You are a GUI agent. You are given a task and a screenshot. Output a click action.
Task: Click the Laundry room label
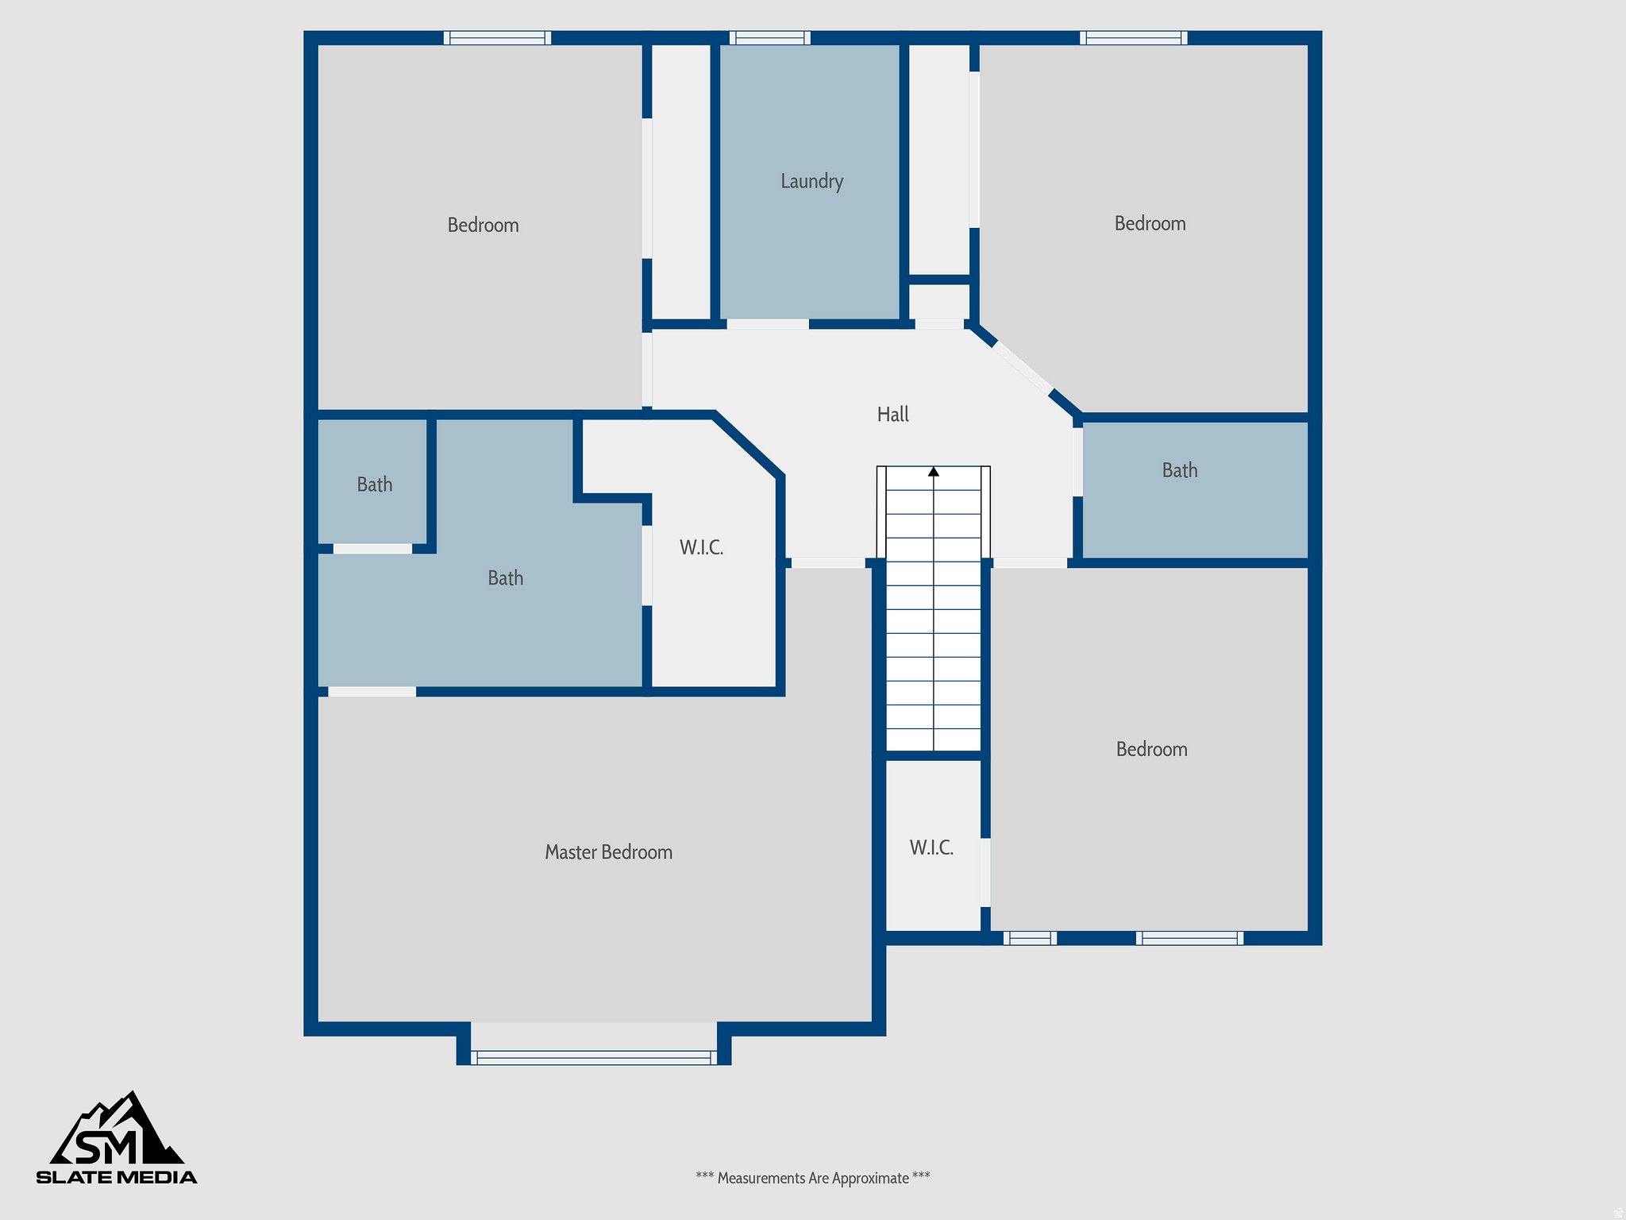pos(811,181)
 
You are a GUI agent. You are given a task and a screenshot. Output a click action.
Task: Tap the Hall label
pos(892,414)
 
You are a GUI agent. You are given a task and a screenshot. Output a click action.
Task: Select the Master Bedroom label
pos(608,852)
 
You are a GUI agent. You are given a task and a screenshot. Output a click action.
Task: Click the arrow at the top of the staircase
pos(934,472)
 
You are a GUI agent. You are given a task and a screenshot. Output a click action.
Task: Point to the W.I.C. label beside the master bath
pos(701,547)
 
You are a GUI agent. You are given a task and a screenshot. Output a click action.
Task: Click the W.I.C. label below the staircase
pos(931,847)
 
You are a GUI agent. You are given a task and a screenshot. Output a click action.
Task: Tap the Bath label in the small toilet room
pos(374,485)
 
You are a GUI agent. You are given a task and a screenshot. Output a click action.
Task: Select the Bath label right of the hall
pos(1179,470)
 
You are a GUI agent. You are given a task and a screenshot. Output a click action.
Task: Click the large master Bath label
pos(505,578)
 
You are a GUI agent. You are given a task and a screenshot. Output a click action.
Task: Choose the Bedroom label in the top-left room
pos(483,225)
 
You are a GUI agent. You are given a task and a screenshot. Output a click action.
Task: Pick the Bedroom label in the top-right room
pos(1150,223)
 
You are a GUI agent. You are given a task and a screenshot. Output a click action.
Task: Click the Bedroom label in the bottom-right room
pos(1151,749)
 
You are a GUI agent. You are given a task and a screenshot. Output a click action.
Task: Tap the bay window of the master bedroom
pos(593,1056)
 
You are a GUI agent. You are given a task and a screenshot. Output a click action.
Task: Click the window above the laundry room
pos(769,37)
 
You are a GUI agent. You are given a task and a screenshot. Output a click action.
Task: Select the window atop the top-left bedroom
pos(497,37)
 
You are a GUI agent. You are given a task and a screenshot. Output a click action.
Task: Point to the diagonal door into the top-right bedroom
pos(1023,367)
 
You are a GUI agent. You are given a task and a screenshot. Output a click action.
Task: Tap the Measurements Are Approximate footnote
pos(812,1178)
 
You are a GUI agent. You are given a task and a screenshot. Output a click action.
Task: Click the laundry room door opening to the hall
pos(767,324)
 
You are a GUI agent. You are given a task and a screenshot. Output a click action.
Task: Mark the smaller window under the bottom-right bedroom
pos(1030,938)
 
